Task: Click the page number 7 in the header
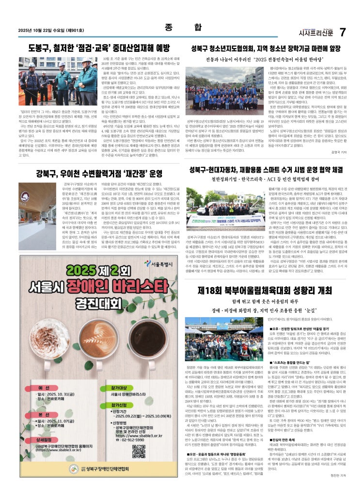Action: pyautogui.click(x=342, y=32)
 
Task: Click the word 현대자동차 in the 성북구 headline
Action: pyautogui.click(x=230, y=170)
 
